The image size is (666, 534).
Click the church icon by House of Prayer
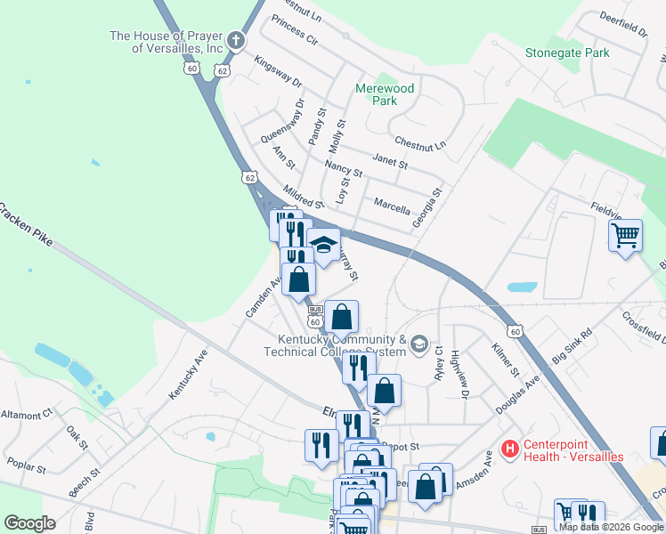(235, 39)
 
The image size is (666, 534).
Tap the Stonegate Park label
(567, 53)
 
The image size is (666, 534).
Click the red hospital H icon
(510, 449)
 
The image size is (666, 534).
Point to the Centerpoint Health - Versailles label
(573, 450)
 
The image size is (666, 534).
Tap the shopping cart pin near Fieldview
(626, 236)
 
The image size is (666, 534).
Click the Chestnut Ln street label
(419, 142)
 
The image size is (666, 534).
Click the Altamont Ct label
(27, 416)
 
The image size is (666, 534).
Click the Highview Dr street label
(459, 374)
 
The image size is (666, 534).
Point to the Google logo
(29, 522)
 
